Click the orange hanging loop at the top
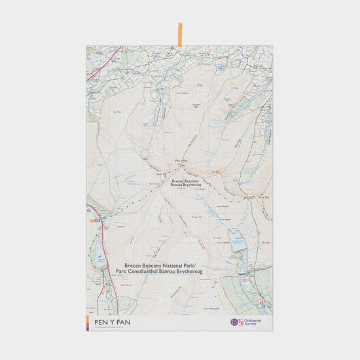(x=180, y=35)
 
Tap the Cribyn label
(x=217, y=172)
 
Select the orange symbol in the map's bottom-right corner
(x=262, y=302)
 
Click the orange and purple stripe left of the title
(x=88, y=322)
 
